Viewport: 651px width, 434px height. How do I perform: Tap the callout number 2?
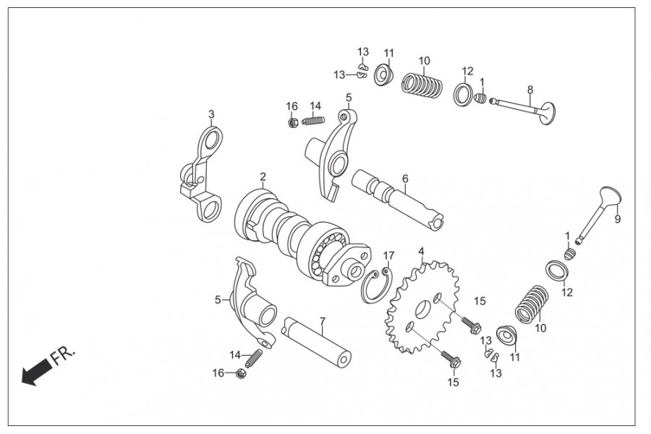tap(263, 176)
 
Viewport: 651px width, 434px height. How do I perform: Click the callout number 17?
tap(389, 255)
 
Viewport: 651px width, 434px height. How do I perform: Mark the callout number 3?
tap(211, 114)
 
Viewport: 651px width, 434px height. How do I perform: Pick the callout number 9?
tap(618, 218)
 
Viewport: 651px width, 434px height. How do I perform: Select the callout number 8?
tap(530, 90)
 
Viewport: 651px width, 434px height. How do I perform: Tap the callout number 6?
tap(405, 178)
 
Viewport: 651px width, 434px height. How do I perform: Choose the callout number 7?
tap(322, 320)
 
